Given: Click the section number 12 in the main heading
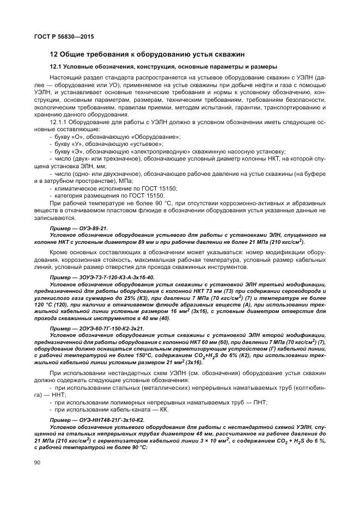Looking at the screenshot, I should tap(53, 54).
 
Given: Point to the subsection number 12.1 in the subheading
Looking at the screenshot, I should tap(56, 67).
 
